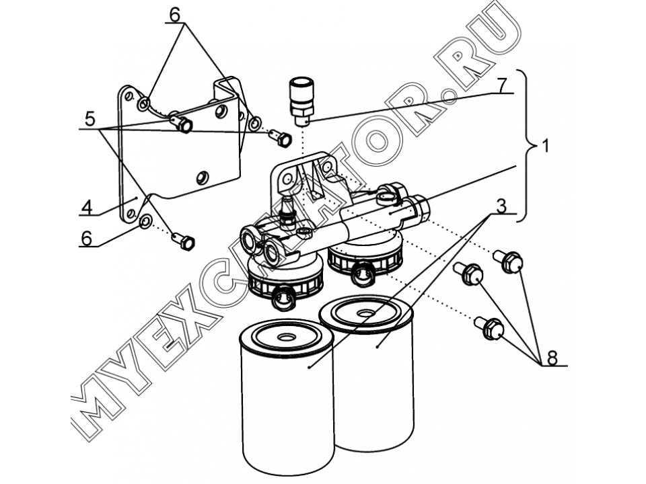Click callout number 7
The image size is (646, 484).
click(x=501, y=85)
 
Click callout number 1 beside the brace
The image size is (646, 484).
click(x=544, y=146)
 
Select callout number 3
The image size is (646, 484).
click(x=501, y=206)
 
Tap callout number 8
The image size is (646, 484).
click(x=552, y=358)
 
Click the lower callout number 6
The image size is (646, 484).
click(x=87, y=238)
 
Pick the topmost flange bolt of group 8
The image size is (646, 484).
click(x=509, y=261)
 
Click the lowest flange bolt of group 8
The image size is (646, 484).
click(x=489, y=327)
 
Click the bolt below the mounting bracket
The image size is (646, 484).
click(x=183, y=241)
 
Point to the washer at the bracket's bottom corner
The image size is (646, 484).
click(x=145, y=223)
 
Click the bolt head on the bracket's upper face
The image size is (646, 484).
click(x=182, y=122)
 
